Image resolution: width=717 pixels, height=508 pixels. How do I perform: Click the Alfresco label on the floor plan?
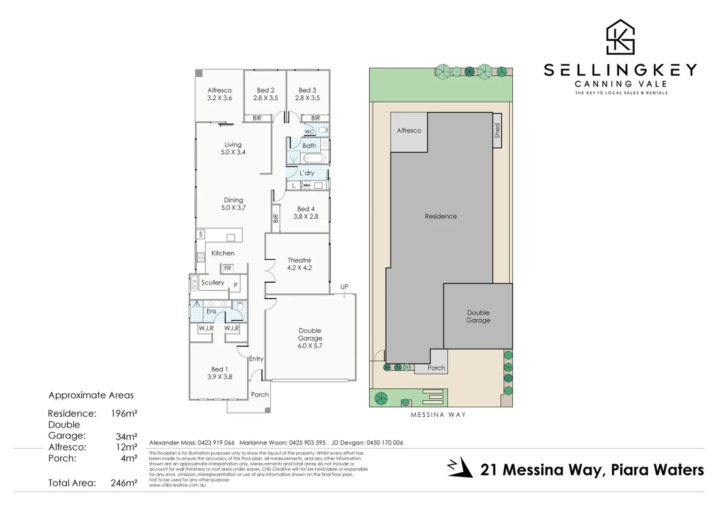pos(219,94)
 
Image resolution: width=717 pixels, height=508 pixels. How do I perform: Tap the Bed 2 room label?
pos(265,94)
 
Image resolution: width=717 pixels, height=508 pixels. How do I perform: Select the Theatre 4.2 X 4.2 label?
pos(299,264)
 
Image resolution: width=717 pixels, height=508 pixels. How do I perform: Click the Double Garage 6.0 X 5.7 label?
pos(310,338)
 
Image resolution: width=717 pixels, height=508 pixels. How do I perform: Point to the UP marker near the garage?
pos(344,287)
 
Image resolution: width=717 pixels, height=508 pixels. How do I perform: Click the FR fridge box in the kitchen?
pos(228,268)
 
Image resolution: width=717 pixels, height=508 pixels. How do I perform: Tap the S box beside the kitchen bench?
pos(201,234)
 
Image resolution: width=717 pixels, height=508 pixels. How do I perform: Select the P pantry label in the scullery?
pos(236,285)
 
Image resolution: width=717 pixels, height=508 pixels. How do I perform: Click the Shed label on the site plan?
pos(497,131)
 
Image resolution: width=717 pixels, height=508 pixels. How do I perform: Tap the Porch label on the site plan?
pos(436,368)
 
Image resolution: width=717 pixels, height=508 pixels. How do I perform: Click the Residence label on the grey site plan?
pos(441,216)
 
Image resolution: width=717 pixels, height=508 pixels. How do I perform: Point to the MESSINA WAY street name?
pos(438,415)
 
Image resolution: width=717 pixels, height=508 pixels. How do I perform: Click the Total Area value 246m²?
pos(124,483)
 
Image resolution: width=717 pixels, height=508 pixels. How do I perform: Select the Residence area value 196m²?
pos(124,413)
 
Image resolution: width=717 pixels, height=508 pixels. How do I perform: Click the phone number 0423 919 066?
pos(216,443)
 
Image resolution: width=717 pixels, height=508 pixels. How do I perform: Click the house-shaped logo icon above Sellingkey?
pos(620,37)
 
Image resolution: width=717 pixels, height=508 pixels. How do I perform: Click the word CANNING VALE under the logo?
pos(621,84)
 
